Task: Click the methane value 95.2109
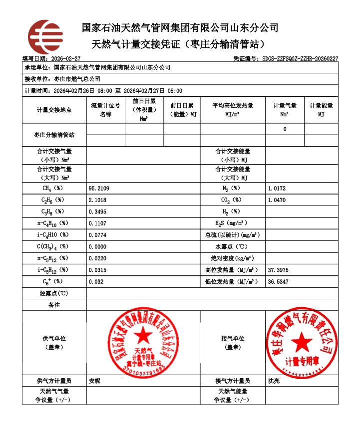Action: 99,189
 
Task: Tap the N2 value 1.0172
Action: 277,189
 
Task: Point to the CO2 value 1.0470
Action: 277,200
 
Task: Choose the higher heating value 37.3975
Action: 278,270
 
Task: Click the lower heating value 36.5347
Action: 278,282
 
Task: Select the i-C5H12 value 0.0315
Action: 97,270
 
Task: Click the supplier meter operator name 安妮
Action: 94,381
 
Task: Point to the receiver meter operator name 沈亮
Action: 274,381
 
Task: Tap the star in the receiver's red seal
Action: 301,341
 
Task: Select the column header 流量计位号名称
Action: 105,110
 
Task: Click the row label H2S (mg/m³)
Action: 231,223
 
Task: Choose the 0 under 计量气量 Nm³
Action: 285,129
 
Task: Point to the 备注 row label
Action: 54,305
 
